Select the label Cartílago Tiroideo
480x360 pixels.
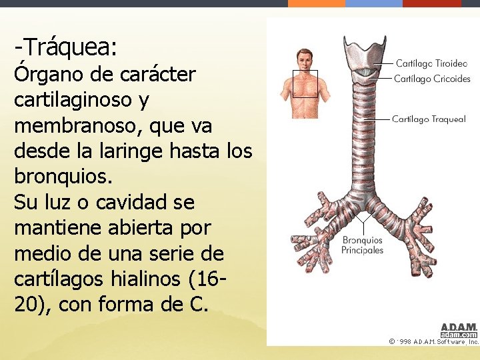[431, 63]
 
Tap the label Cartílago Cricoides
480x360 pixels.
[432, 79]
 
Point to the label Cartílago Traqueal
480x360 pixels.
[429, 119]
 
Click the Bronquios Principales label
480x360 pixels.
[363, 245]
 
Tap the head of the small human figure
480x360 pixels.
[305, 59]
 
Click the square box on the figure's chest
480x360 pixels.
[305, 83]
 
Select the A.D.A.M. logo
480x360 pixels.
[459, 330]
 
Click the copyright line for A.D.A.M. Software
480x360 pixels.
[433, 341]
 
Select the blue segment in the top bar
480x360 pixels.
[374, 3]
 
